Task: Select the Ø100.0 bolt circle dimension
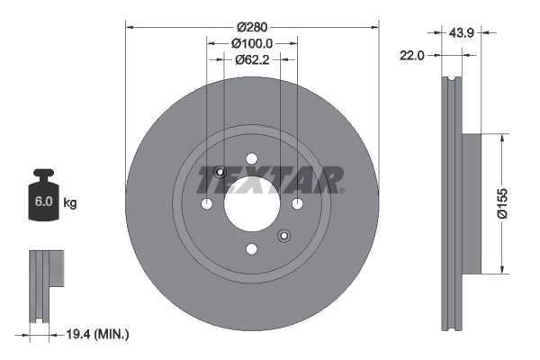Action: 252,42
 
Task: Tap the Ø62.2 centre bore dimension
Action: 252,60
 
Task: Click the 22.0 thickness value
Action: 411,55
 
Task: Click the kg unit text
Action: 70,203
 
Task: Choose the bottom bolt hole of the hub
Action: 252,249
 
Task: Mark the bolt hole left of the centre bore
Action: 208,204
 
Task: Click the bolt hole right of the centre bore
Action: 297,204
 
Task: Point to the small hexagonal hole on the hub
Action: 283,236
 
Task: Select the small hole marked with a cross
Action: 220,172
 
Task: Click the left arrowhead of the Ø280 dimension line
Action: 129,26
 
